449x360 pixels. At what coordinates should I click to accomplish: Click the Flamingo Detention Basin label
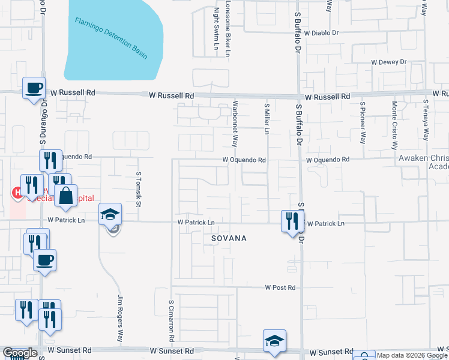click(111, 38)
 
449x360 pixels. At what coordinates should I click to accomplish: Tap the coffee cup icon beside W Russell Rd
click(34, 88)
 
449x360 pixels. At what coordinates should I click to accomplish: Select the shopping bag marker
click(65, 196)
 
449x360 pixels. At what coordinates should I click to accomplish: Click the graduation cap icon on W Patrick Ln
click(110, 215)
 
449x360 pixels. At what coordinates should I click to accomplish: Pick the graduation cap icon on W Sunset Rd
click(274, 341)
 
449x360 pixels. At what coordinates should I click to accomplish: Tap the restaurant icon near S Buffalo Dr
click(292, 221)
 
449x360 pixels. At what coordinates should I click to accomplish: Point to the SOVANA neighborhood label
click(229, 238)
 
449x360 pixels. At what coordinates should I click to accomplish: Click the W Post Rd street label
click(280, 287)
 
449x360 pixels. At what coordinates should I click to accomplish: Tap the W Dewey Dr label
click(388, 62)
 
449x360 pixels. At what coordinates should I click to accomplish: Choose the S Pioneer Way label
click(363, 122)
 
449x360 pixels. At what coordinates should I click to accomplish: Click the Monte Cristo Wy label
click(394, 125)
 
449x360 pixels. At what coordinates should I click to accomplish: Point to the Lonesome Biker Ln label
click(228, 28)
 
